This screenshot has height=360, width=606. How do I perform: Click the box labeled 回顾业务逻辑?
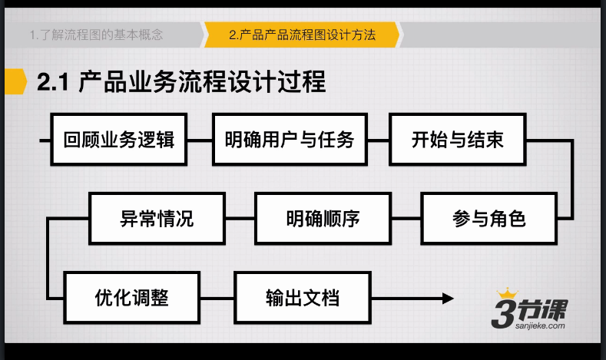(x=118, y=140)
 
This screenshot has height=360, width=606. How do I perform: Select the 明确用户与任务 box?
(x=290, y=140)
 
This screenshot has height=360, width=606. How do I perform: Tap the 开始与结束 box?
(x=458, y=140)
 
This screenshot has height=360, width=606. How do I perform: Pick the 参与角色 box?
(x=489, y=219)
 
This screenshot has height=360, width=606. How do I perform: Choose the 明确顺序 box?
(x=323, y=219)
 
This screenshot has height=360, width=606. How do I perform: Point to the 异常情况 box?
(x=157, y=219)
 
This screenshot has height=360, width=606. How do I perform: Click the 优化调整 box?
(x=132, y=298)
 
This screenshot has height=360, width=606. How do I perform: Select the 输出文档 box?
(x=303, y=298)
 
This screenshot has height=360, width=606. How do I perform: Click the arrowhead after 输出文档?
(x=448, y=298)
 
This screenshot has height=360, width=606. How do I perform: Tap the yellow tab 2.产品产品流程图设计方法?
(x=302, y=35)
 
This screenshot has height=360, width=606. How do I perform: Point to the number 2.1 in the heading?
(x=53, y=82)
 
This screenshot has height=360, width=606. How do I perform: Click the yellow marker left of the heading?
(x=15, y=81)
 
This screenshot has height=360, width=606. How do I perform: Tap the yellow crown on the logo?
(x=507, y=293)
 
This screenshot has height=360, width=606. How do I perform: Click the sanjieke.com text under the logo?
(x=540, y=326)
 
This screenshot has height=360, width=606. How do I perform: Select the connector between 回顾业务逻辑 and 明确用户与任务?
(x=200, y=140)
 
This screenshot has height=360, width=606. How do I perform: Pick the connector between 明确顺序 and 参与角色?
(x=406, y=219)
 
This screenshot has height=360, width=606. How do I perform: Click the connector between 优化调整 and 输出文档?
(x=217, y=298)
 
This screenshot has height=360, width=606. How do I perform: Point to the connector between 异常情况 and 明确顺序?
(x=240, y=219)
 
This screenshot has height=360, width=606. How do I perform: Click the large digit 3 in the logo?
(x=504, y=313)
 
